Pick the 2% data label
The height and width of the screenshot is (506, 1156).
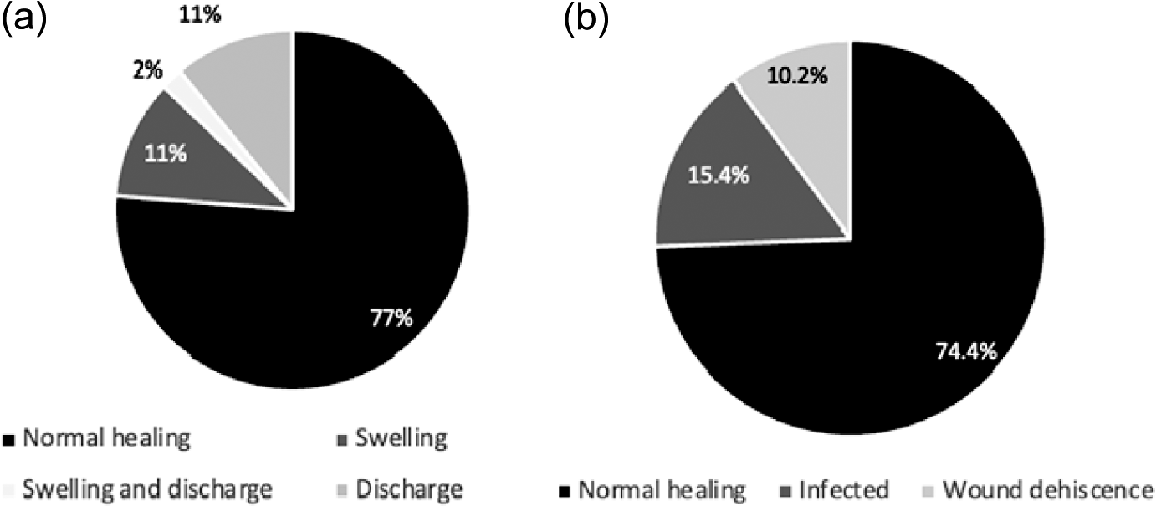(147, 71)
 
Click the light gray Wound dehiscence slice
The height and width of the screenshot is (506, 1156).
(803, 109)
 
